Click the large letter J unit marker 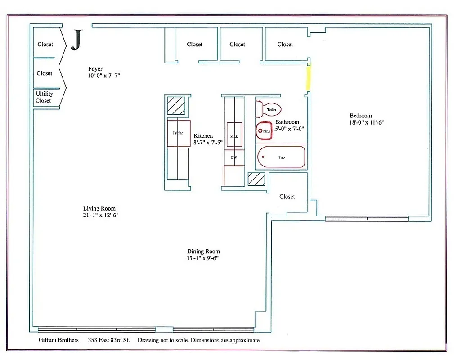[77, 40]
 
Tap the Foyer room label [95, 69]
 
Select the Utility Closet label [44, 97]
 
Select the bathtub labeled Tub [281, 157]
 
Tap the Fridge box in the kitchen [179, 133]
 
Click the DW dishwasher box [234, 157]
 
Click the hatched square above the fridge [176, 106]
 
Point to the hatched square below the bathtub [256, 179]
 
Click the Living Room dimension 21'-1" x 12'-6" [98, 215]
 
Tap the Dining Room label [203, 252]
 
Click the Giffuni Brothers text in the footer [58, 340]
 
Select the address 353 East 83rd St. [109, 340]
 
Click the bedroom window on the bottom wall [367, 219]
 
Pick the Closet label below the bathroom [287, 197]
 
